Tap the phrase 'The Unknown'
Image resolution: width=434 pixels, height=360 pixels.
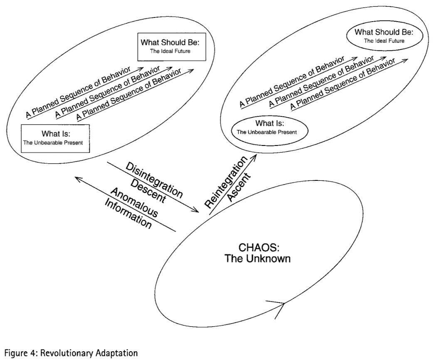(257, 259)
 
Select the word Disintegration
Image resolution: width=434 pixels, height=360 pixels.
(154, 180)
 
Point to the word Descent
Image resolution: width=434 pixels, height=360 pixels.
(148, 191)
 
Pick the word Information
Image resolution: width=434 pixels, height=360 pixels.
(128, 213)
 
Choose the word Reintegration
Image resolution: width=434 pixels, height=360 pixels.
(226, 182)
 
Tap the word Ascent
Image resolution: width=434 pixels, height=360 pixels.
(239, 187)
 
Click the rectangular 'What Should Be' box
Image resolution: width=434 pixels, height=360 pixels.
(172, 47)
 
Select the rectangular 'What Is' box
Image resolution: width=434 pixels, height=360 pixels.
(55, 138)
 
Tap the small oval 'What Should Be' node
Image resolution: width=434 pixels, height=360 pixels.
(385, 36)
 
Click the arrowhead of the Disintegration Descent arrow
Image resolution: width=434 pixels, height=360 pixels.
(196, 210)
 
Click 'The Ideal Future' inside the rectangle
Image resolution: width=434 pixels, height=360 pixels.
(170, 51)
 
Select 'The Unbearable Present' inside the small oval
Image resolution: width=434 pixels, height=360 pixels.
(267, 132)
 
